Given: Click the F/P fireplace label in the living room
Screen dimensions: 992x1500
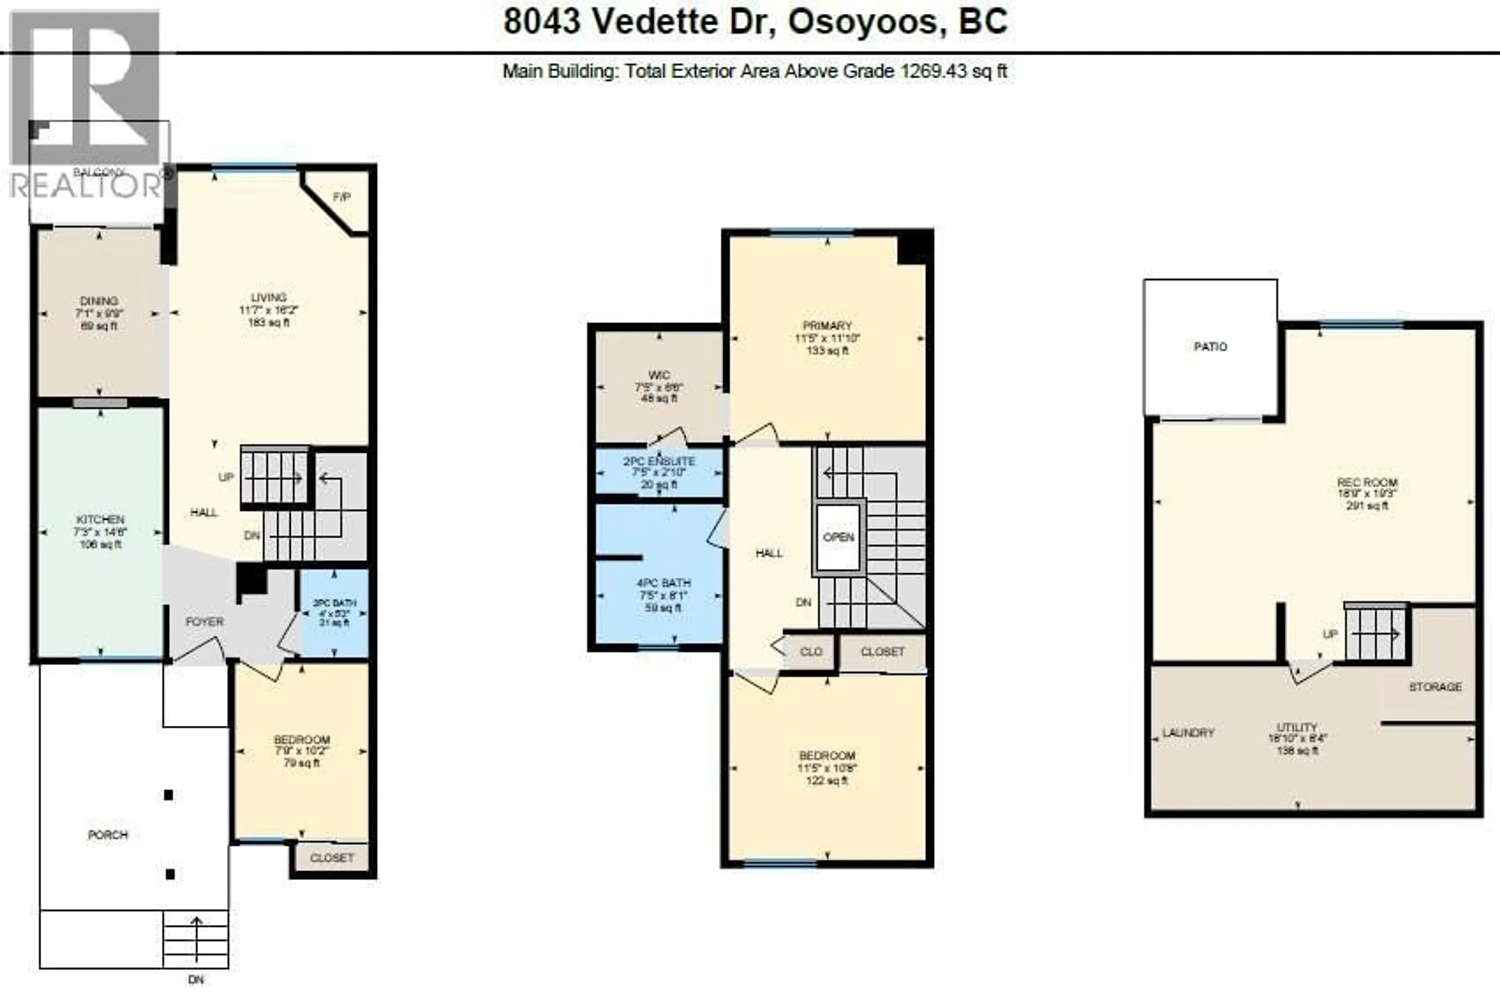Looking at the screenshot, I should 342,197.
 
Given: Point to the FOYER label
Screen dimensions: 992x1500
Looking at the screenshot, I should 204,622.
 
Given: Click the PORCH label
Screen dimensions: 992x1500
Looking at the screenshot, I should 107,835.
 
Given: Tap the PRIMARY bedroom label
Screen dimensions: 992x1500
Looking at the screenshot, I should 827,326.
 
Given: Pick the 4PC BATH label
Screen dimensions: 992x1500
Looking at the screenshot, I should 663,583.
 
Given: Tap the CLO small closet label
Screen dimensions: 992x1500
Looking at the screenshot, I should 811,651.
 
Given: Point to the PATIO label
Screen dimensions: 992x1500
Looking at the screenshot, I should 1210,347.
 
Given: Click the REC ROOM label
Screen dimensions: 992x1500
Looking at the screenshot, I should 1366,482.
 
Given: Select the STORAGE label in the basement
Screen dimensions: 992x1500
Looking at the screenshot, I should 1435,687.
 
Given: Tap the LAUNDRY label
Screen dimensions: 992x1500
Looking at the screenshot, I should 1188,733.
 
